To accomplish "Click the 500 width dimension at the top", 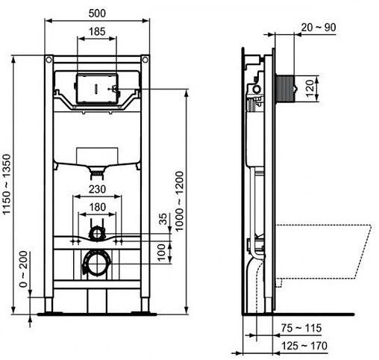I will tap(96, 13).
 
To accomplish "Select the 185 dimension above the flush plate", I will tap(96, 31).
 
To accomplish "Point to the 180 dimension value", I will tap(96, 207).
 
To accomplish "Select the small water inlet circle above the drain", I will tap(95, 233).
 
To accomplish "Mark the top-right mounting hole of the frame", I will tap(144, 59).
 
